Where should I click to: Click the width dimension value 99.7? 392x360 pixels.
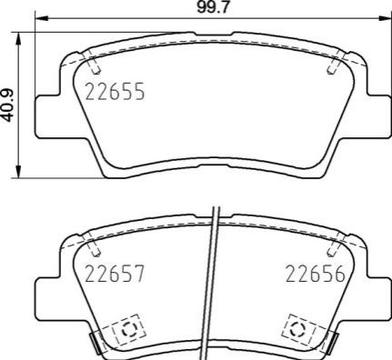pyautogui.click(x=212, y=7)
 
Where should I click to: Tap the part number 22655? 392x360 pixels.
pyautogui.click(x=116, y=92)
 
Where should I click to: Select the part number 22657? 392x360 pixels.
pyautogui.click(x=115, y=274)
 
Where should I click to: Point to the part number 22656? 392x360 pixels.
pyautogui.click(x=316, y=274)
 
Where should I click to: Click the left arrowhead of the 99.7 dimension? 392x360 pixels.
pyautogui.click(x=42, y=18)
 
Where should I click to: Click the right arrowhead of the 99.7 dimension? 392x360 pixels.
pyautogui.click(x=384, y=18)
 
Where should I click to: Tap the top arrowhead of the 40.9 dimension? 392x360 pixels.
pyautogui.click(x=19, y=39)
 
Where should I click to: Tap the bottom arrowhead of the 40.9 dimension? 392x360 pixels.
pyautogui.click(x=19, y=172)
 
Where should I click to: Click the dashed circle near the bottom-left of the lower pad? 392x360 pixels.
pyautogui.click(x=129, y=329)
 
